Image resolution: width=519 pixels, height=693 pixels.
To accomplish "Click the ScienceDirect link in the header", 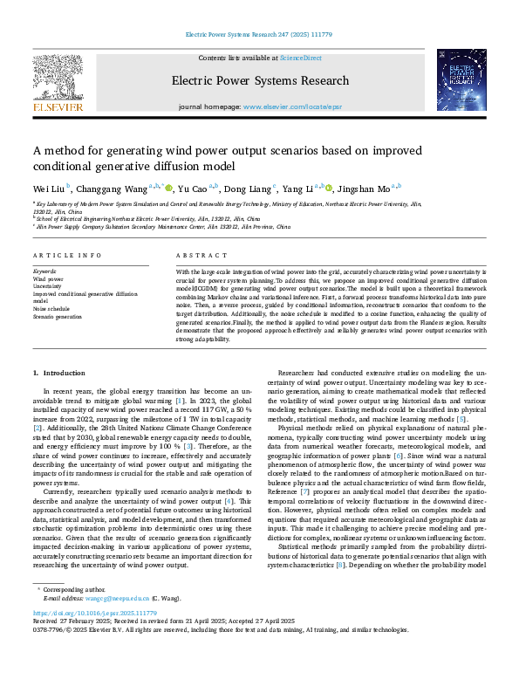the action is pos(299,57).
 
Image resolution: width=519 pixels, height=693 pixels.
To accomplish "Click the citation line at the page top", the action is pos(259,35).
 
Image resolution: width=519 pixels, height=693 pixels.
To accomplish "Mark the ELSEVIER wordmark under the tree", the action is pos(58,106).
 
